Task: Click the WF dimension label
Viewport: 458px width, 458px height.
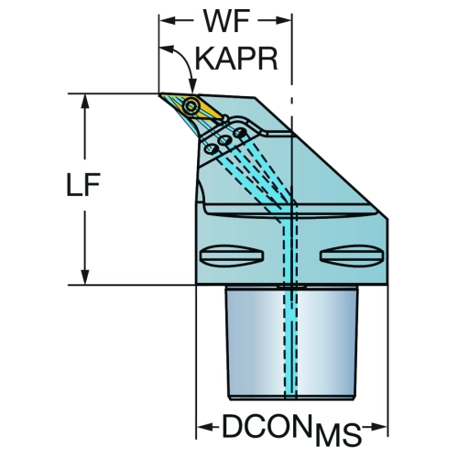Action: coord(226,22)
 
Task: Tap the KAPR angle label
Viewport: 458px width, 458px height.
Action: coord(236,59)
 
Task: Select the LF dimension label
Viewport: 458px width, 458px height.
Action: coord(83,185)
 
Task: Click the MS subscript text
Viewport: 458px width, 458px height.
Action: coord(338,434)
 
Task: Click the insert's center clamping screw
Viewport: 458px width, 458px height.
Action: coord(191,106)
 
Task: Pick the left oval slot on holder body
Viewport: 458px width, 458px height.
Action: coord(232,256)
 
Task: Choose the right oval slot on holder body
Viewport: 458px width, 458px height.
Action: coord(352,256)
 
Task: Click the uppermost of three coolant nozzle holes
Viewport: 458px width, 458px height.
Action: coord(240,133)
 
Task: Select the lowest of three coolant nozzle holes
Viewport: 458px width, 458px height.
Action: coord(211,149)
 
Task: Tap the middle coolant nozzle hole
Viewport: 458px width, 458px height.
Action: coord(225,141)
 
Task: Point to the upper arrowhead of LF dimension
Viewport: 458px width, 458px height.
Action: coord(85,101)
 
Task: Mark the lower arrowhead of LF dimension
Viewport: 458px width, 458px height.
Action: coord(85,278)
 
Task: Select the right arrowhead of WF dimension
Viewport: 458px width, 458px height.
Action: coord(284,21)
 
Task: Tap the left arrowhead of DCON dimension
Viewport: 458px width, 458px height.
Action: coord(203,427)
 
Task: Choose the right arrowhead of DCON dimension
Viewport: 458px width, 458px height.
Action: coord(380,427)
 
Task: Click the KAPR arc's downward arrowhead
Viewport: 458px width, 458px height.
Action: coord(192,85)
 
